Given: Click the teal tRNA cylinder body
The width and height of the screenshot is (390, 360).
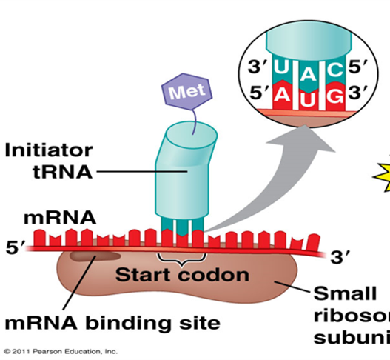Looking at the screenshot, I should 177,170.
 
